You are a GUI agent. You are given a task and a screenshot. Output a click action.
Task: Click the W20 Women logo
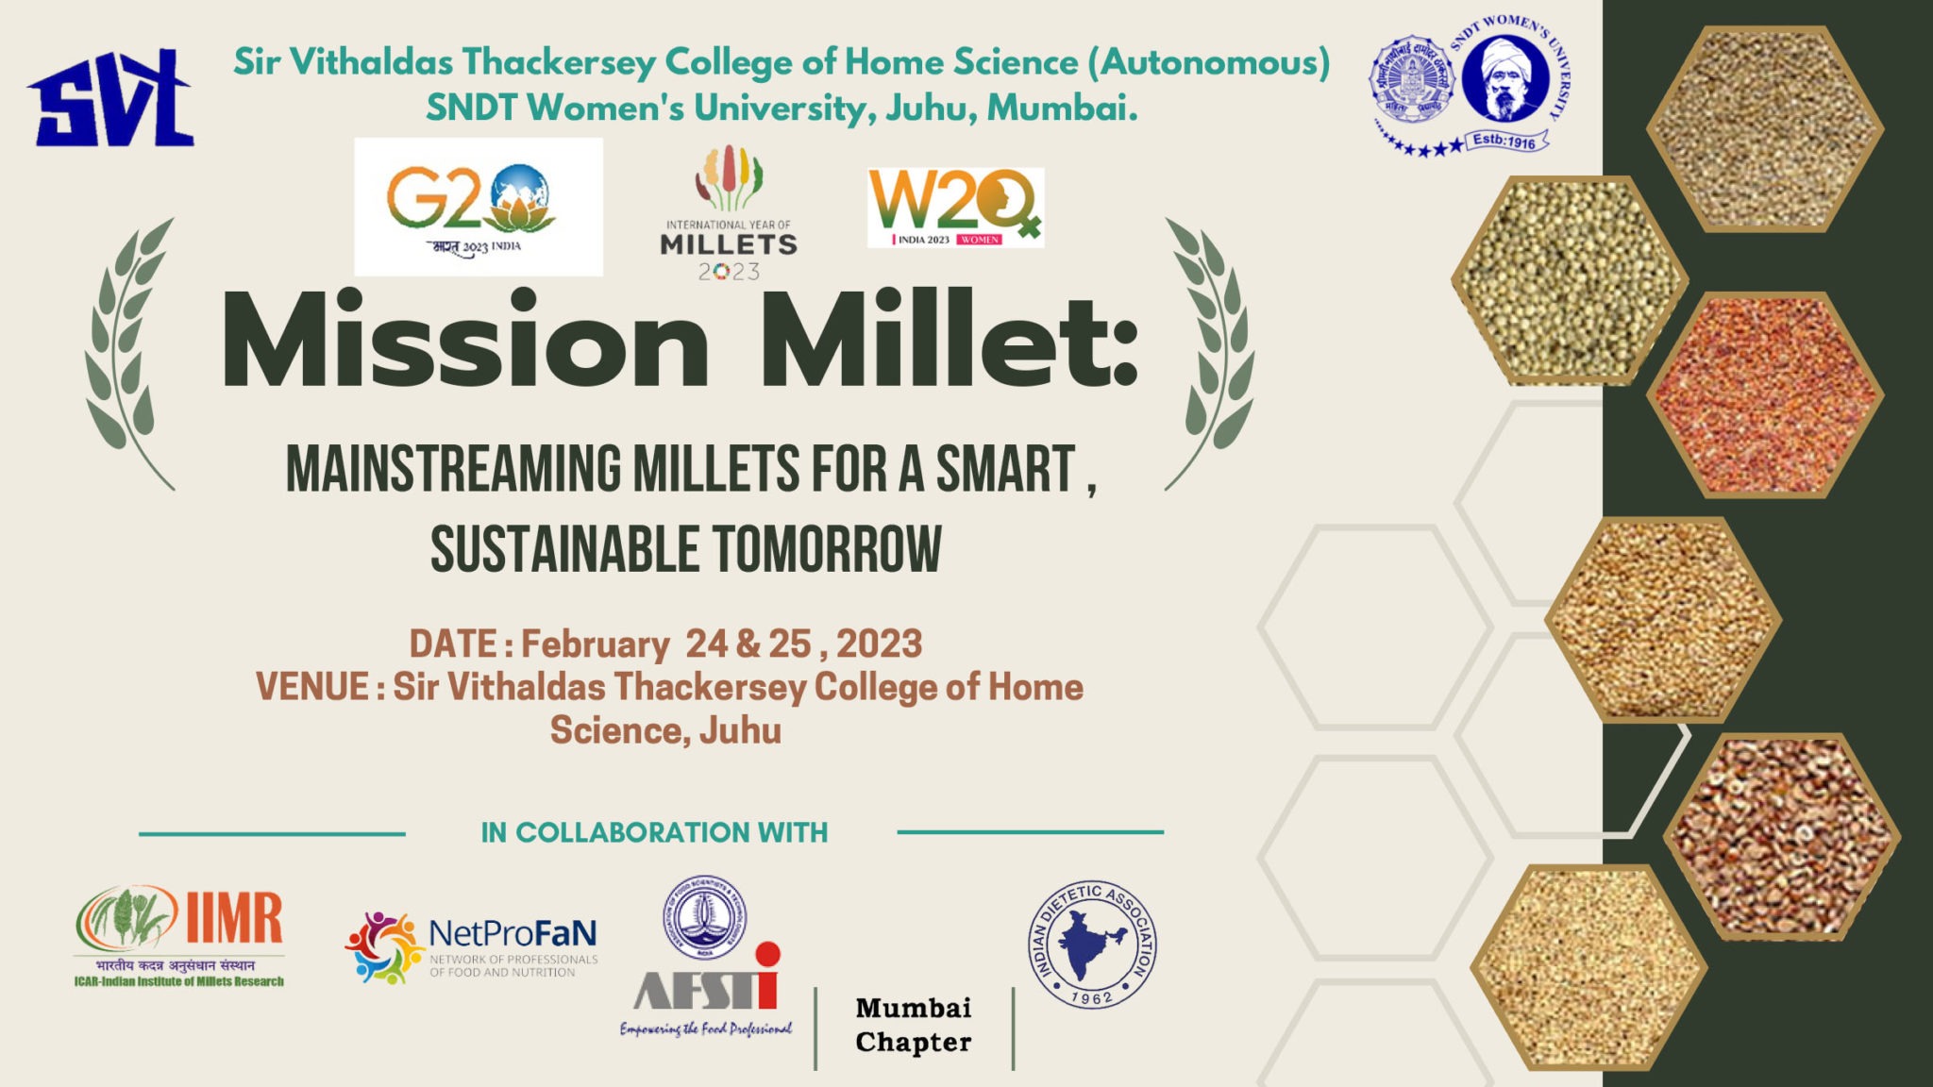click(954, 208)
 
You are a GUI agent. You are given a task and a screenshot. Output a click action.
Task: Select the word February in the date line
click(595, 644)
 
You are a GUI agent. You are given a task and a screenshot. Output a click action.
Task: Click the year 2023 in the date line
click(879, 644)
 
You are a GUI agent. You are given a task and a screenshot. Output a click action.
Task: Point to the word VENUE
click(312, 687)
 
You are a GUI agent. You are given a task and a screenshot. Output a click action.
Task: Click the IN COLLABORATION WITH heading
click(654, 833)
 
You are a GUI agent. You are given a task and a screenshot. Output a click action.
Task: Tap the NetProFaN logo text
click(512, 934)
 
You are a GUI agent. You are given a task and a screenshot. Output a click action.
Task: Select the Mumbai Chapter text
click(913, 1025)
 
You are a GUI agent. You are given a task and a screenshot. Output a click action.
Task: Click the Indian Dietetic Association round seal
click(1092, 945)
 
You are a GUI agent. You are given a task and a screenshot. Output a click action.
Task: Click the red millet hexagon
click(1763, 395)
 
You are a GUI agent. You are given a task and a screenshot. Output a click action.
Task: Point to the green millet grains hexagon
click(1567, 280)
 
